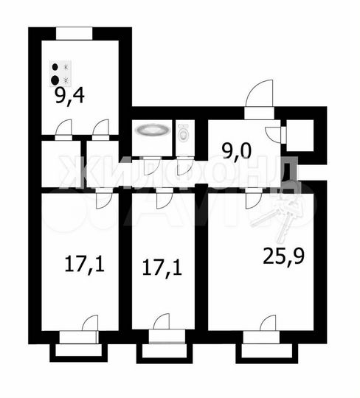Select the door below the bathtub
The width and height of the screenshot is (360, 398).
150,166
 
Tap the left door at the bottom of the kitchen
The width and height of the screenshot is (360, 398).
63,130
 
